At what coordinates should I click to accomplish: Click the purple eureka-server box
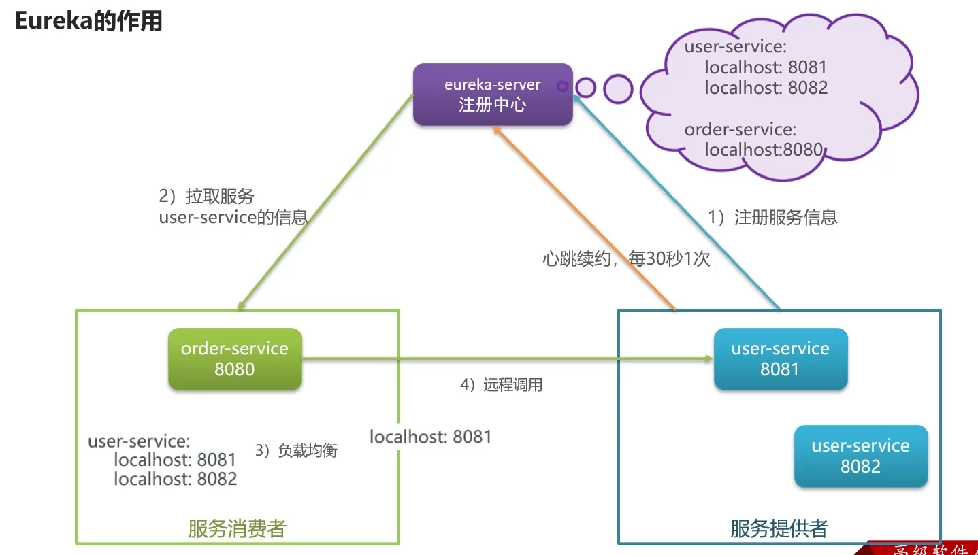click(x=493, y=95)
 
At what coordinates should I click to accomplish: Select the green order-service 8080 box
click(x=235, y=358)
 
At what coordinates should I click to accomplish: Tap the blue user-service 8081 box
click(x=780, y=358)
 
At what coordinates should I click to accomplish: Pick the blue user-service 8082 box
click(x=860, y=456)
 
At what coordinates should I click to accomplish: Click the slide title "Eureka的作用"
click(x=88, y=21)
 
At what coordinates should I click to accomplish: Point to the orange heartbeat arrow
click(x=585, y=218)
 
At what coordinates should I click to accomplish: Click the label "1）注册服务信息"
click(x=772, y=217)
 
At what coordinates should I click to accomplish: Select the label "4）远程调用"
click(x=501, y=385)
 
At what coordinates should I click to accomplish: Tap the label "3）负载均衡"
click(x=296, y=450)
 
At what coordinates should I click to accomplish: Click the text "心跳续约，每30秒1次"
click(x=626, y=259)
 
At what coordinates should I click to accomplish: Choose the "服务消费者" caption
click(x=237, y=529)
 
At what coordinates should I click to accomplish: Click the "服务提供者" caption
click(x=779, y=528)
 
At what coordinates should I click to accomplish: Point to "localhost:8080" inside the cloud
click(x=764, y=150)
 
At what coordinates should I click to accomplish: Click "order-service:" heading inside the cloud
click(x=740, y=129)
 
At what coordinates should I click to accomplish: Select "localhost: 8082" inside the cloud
click(x=766, y=88)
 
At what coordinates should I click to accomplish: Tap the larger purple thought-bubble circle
click(x=618, y=89)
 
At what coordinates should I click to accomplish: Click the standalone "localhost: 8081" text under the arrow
click(x=430, y=437)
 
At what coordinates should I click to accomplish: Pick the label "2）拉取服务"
click(x=206, y=197)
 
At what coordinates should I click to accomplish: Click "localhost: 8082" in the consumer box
click(x=175, y=479)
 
